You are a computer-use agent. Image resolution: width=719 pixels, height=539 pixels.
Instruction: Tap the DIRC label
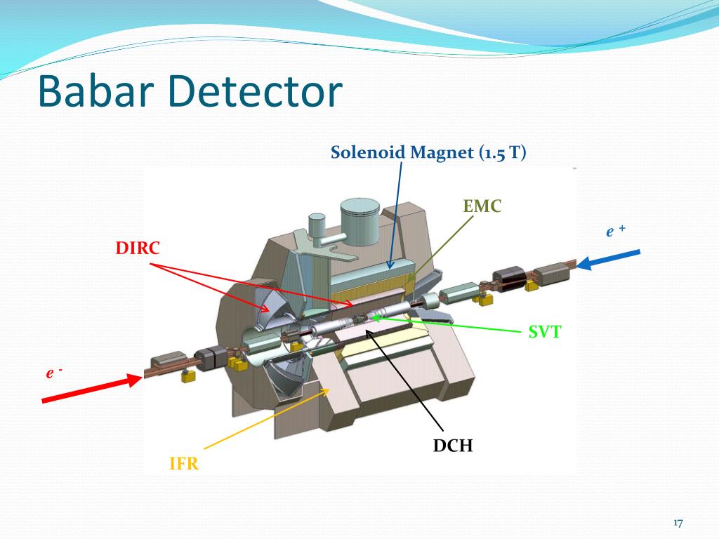(138, 248)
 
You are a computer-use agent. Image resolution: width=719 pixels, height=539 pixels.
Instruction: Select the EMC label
(483, 206)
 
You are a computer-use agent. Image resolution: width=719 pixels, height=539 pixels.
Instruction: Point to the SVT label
(545, 332)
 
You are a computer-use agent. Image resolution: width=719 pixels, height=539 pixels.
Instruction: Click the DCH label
(453, 445)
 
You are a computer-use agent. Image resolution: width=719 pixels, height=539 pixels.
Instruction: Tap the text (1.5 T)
(503, 152)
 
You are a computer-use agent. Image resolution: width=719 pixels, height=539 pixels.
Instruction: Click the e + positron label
(616, 231)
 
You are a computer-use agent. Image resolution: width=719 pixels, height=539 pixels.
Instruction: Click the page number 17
(678, 523)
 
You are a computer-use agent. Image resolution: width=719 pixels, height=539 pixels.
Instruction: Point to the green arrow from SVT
(449, 324)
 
